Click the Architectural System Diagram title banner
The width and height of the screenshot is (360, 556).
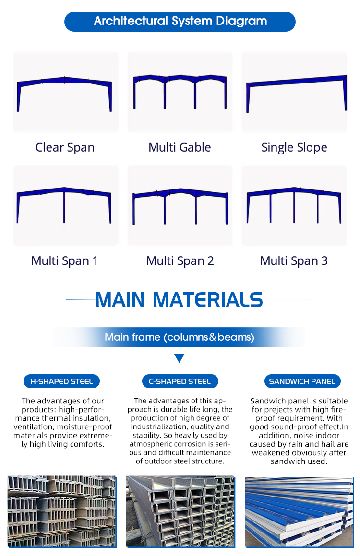pyautogui.click(x=180, y=21)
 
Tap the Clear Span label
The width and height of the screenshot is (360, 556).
pyautogui.click(x=65, y=147)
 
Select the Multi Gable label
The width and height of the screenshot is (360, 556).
pyautogui.click(x=180, y=147)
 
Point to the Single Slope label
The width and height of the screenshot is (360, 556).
pyautogui.click(x=294, y=147)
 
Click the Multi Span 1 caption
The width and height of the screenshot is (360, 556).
pyautogui.click(x=64, y=261)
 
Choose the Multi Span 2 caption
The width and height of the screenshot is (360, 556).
pyautogui.click(x=180, y=261)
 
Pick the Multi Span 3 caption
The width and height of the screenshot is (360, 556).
pyautogui.click(x=294, y=261)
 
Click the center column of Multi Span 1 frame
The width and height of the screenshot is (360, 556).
pyautogui.click(x=64, y=206)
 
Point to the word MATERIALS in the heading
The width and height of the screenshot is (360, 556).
pyautogui.click(x=207, y=300)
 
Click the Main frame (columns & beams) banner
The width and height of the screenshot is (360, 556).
pyautogui.click(x=180, y=337)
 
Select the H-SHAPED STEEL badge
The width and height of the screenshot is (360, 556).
pyautogui.click(x=61, y=381)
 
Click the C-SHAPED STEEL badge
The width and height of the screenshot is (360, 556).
pyautogui.click(x=180, y=381)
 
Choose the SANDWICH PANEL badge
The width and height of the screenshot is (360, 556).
pyautogui.click(x=302, y=381)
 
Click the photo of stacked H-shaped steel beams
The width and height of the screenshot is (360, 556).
pyautogui.click(x=62, y=511)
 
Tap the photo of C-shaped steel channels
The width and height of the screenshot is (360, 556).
pyautogui.click(x=180, y=511)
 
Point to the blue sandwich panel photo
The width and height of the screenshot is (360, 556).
pyautogui.click(x=299, y=512)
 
